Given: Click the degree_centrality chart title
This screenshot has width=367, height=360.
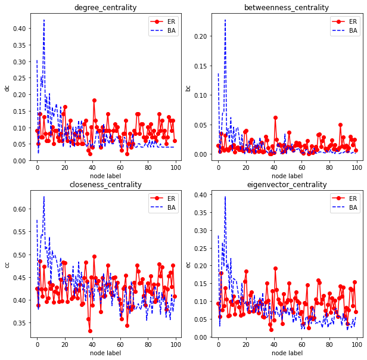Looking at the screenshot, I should coord(105,8).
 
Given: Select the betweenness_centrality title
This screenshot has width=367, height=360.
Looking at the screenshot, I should coord(287,8).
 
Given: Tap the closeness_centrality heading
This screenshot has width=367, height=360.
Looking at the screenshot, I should coord(105,185).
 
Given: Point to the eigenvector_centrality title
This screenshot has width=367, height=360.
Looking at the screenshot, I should coord(287,185).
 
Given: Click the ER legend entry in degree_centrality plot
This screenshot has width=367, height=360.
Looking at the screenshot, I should coord(167,21).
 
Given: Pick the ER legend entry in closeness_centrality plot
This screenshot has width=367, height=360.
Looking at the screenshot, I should coord(167,198).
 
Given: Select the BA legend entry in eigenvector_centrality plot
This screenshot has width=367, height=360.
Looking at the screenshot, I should coord(349,207).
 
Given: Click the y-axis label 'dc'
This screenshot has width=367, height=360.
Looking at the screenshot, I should coord(7,88).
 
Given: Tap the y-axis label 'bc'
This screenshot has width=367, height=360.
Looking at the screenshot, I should coord(188,88).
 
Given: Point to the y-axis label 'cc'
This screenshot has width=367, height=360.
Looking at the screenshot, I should coord(7,264).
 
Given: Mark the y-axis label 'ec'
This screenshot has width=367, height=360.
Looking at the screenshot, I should coord(188,264).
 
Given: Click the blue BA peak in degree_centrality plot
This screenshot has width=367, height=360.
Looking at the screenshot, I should coord(44,20).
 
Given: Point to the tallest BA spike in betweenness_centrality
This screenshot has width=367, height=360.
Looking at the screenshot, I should coord(225,20).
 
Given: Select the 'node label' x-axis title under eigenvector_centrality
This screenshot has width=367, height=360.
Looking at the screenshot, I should coord(287,353).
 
